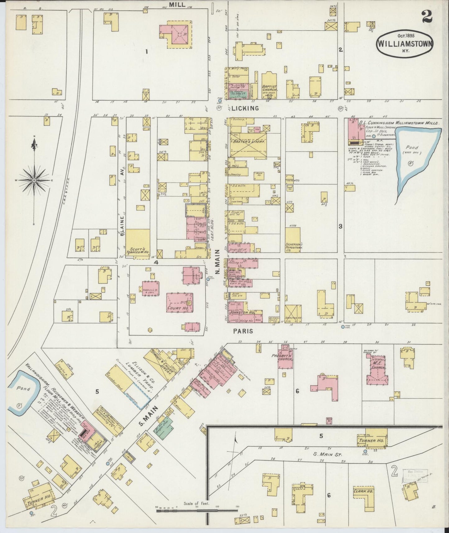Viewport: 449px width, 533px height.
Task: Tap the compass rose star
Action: (34, 180)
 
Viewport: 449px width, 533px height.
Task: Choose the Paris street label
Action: (243, 331)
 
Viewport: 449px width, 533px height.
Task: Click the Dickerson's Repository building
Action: (293, 239)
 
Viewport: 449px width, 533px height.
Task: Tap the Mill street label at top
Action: (177, 4)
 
